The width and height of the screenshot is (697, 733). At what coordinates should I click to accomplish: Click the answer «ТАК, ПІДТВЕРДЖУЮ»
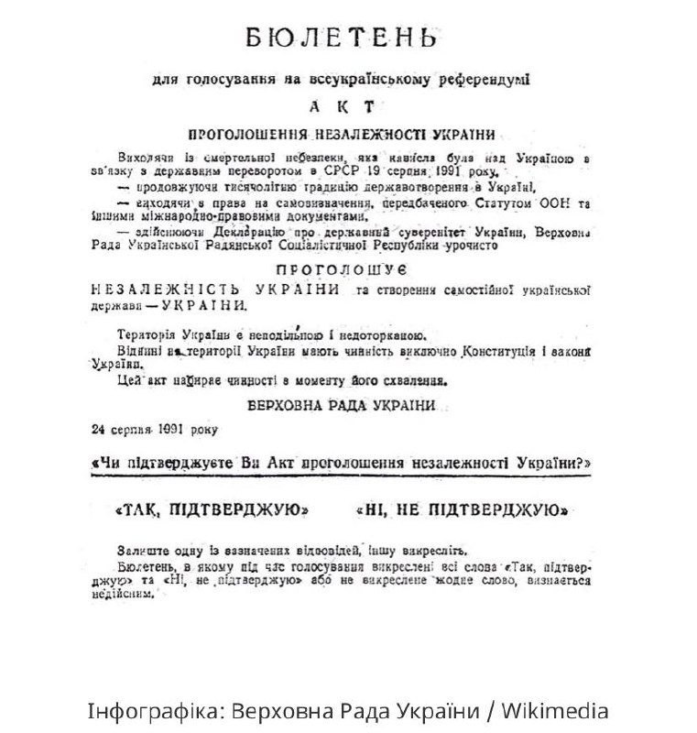(x=207, y=509)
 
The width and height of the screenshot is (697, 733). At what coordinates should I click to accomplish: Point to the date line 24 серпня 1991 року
(x=154, y=429)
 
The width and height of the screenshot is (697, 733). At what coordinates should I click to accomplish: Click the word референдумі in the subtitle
(x=483, y=80)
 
